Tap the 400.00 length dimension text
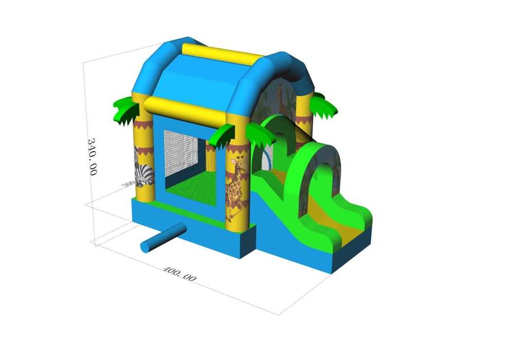[179, 274]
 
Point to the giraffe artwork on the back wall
[280, 98]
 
